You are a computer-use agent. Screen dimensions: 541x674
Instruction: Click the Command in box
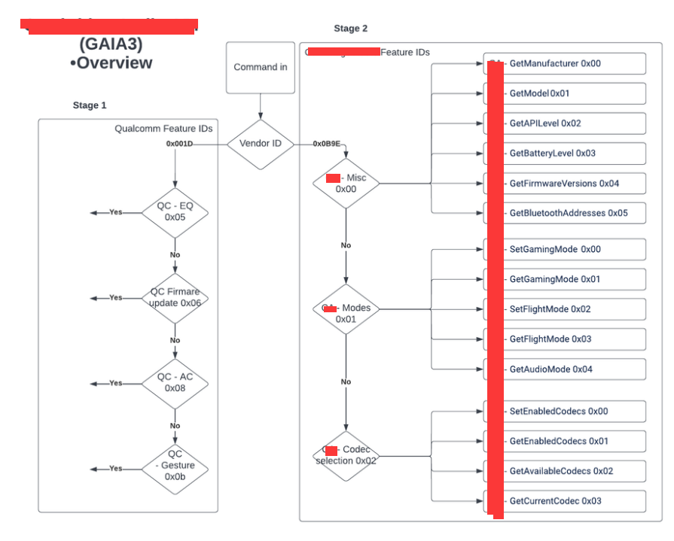click(261, 68)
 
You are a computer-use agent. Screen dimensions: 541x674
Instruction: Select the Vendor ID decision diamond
click(261, 144)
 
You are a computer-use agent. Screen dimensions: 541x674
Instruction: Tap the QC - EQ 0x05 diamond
click(175, 212)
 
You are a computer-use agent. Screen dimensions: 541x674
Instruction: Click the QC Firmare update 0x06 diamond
click(175, 298)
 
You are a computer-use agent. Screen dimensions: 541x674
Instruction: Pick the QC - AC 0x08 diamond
click(175, 383)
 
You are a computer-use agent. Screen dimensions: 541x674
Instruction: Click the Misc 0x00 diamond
click(346, 183)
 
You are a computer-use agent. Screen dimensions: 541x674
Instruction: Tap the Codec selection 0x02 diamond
click(346, 456)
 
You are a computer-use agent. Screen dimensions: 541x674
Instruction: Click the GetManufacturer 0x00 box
click(565, 64)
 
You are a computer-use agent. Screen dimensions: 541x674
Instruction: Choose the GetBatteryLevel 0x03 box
click(565, 153)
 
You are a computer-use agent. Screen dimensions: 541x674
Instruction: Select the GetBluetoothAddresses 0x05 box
click(565, 213)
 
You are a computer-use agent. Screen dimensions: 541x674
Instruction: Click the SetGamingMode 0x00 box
click(565, 249)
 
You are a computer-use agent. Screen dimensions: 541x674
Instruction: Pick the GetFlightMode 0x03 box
click(565, 339)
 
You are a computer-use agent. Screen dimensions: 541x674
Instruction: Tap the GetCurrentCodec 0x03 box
click(565, 501)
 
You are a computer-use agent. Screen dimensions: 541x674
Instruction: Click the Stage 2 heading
click(351, 29)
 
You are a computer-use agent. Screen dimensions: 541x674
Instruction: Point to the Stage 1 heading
click(90, 105)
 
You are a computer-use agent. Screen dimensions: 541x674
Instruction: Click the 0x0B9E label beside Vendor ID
click(326, 144)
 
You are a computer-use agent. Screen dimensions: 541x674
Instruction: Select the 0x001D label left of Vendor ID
click(179, 144)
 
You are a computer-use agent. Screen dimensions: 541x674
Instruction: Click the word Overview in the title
click(114, 63)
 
